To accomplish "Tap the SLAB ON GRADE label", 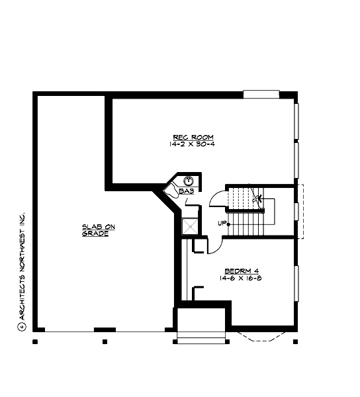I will point(99,230).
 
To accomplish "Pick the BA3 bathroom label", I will point(186,191).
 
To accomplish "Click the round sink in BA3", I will point(189,180).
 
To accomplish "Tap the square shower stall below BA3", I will point(190,226).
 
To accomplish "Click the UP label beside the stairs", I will point(222,223).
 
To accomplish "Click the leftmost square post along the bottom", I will point(35,342).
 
